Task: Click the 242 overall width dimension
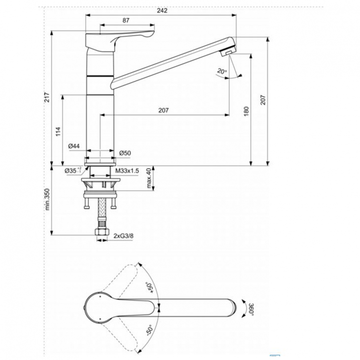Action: tap(161, 12)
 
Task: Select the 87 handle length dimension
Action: tap(126, 21)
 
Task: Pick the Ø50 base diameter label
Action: tap(125, 154)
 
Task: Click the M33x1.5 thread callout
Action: tap(127, 170)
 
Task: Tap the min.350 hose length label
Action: tap(47, 199)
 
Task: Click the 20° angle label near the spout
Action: tap(221, 72)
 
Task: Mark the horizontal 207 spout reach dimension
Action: tap(163, 110)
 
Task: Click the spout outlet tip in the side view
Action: tap(229, 51)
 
